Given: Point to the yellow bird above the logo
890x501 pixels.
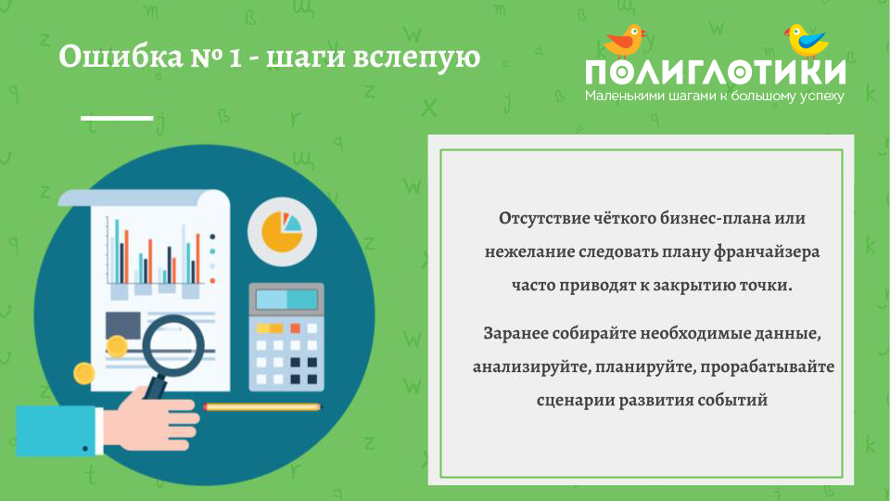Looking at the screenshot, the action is (x=806, y=40).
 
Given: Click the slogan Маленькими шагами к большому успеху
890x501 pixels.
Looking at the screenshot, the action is (x=715, y=96).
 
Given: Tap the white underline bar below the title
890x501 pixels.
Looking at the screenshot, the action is (x=117, y=118).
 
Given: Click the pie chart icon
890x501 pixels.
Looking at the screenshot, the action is (x=282, y=232).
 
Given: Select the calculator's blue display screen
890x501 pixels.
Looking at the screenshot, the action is (x=286, y=300).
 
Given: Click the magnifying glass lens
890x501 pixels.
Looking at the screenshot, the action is (x=173, y=346).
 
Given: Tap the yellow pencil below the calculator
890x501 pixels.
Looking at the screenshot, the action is (x=262, y=406).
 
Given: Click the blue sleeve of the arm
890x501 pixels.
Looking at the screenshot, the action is (x=57, y=430).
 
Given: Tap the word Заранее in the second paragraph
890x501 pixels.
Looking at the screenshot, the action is (x=515, y=333).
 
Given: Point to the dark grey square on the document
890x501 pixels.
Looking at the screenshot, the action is (x=123, y=325).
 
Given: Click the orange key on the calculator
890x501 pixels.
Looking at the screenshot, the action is (x=295, y=328).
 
